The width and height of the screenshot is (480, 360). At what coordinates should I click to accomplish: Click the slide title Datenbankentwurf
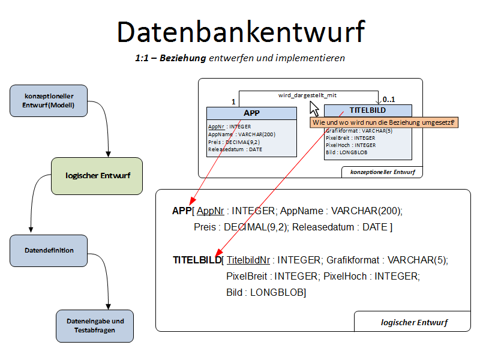[241, 31]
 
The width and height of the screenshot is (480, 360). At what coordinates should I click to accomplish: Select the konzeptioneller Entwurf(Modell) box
[49, 100]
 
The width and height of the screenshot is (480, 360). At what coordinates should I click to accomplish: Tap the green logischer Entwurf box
[97, 176]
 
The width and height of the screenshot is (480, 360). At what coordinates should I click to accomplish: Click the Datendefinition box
[49, 250]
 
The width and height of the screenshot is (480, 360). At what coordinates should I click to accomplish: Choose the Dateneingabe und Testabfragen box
[95, 326]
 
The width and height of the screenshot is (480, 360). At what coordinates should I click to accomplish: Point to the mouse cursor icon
[314, 109]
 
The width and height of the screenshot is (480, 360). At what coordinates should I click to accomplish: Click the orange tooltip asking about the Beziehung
[383, 122]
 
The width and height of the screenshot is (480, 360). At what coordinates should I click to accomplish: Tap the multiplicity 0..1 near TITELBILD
[389, 100]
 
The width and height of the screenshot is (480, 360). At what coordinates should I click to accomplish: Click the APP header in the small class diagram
[251, 113]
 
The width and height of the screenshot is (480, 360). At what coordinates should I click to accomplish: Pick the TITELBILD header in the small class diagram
[368, 110]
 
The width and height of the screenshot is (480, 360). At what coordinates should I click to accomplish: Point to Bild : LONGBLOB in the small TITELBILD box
[347, 152]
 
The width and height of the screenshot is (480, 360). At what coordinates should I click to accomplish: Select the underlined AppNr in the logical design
[210, 211]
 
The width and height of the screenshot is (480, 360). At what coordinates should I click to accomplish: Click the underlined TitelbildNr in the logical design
[248, 260]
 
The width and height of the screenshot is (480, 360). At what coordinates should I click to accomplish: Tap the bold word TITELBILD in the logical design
[197, 260]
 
